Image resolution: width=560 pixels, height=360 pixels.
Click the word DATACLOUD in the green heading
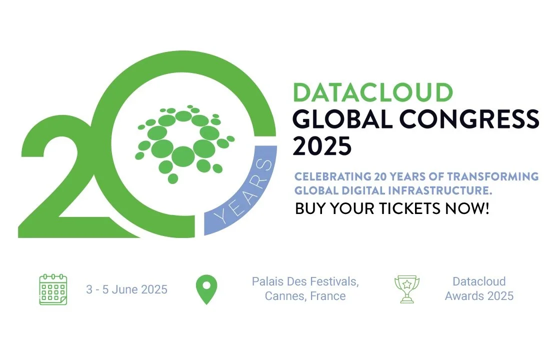tap(373, 93)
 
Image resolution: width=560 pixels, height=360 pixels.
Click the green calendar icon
tap(53, 289)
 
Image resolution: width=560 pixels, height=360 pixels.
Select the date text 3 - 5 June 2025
tap(126, 289)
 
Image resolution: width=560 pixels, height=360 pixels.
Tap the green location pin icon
tap(206, 289)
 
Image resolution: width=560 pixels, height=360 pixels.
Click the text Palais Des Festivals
tap(305, 281)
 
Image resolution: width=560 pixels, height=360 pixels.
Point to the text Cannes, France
tap(305, 296)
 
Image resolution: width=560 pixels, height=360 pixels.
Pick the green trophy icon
tap(407, 289)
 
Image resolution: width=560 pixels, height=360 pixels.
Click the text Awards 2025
tap(479, 296)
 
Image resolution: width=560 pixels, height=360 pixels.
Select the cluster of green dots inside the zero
tap(183, 142)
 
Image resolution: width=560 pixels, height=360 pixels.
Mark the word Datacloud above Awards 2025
tap(479, 281)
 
